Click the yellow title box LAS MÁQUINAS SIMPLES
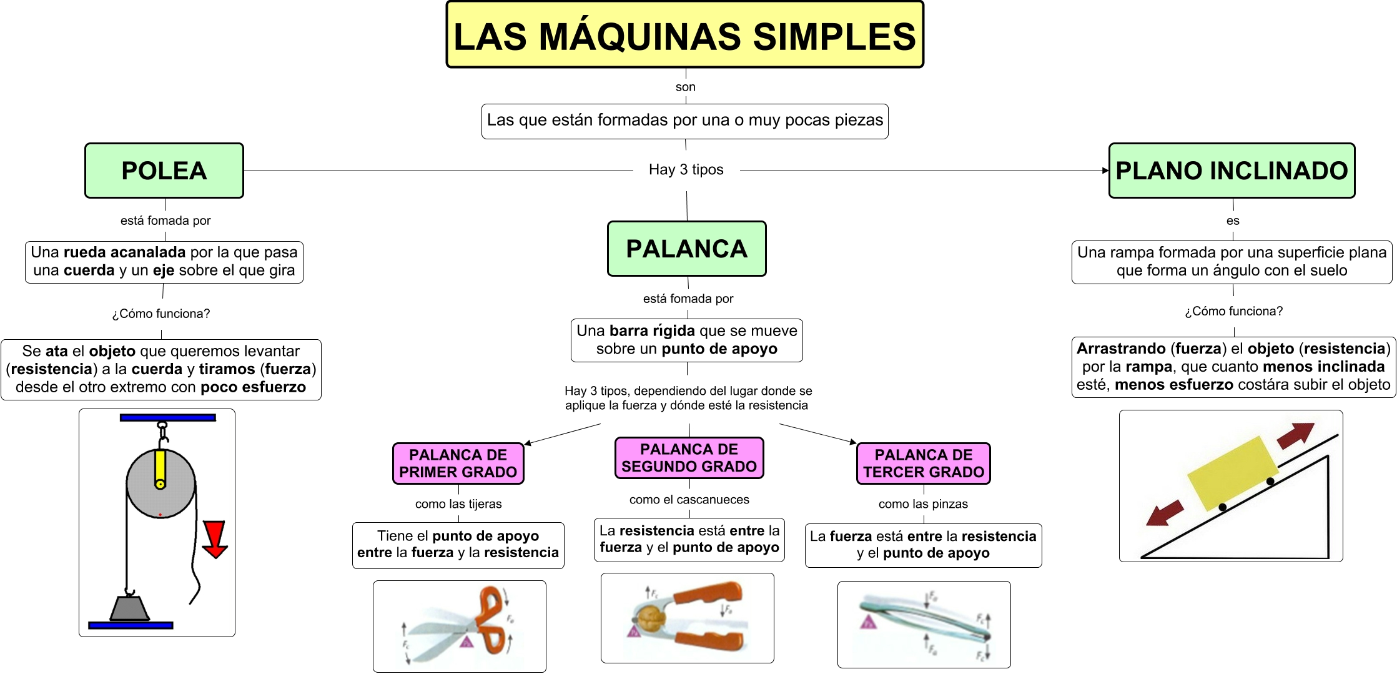[684, 35]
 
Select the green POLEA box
[164, 171]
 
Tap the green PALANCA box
[686, 249]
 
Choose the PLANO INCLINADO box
[1232, 171]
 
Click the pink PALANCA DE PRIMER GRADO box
[458, 463]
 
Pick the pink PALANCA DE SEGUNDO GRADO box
[689, 458]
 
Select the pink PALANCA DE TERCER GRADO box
[923, 463]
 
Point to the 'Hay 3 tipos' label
[686, 170]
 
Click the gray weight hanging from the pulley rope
[130, 607]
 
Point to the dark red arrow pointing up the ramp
[1295, 435]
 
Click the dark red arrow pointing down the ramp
[1165, 513]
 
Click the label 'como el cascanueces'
[689, 500]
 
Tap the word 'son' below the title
[685, 87]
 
